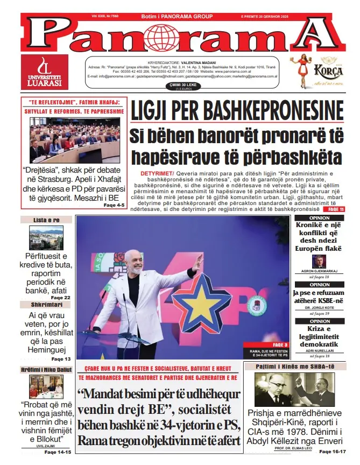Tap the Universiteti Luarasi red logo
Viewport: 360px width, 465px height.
pyautogui.click(x=45, y=72)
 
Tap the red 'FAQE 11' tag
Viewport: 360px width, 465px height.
pyautogui.click(x=336, y=209)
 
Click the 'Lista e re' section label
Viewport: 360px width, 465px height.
pyautogui.click(x=46, y=220)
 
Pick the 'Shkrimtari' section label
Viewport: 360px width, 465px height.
pyautogui.click(x=46, y=305)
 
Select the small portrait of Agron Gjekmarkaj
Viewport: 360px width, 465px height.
pyautogui.click(x=320, y=261)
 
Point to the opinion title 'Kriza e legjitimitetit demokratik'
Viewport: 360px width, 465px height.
pyautogui.click(x=319, y=336)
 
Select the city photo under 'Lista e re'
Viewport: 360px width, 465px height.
pyautogui.click(x=46, y=237)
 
